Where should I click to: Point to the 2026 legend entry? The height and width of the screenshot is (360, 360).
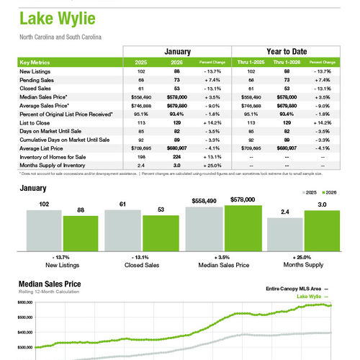tap(328, 194)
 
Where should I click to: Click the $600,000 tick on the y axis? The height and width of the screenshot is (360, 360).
tap(24, 303)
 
